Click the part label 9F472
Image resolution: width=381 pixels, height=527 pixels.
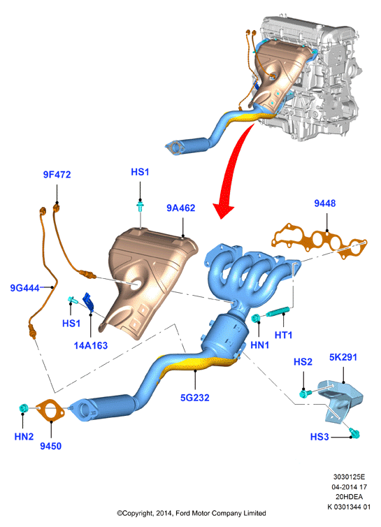point(57,175)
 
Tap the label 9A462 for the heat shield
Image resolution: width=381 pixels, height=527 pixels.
point(181,208)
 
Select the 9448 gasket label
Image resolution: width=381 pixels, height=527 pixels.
point(325,203)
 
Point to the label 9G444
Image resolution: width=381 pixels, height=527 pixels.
point(25,288)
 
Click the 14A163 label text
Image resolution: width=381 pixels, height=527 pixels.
point(91,345)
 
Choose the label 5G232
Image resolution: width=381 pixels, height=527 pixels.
point(195,398)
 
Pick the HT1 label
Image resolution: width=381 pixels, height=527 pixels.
point(284,335)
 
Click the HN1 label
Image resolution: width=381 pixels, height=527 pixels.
point(260,345)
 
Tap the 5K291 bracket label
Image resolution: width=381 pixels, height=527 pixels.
point(343,357)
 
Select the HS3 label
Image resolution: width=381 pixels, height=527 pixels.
point(319,437)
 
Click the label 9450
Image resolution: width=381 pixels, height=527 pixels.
point(51,447)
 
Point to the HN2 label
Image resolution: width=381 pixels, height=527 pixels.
point(24,437)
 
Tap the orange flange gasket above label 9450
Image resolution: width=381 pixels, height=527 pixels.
point(50,410)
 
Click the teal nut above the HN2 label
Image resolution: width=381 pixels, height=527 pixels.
point(24,408)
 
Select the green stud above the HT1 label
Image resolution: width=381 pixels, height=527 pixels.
point(278,312)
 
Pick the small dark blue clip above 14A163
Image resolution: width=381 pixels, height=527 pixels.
point(89,301)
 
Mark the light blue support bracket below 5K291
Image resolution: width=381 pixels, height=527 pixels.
point(340,400)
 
